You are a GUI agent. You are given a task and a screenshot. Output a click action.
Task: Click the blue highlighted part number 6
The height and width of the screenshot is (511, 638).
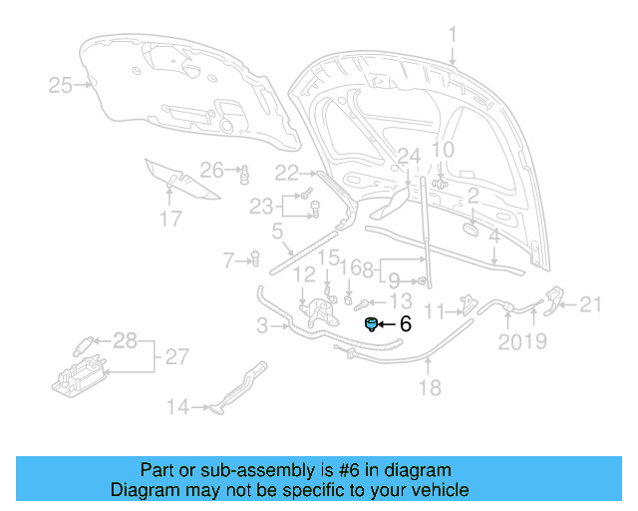pyautogui.click(x=371, y=323)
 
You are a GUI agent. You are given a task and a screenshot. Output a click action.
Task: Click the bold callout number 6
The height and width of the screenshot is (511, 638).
pyautogui.click(x=405, y=323)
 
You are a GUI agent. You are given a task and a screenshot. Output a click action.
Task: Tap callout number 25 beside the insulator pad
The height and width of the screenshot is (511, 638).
pyautogui.click(x=61, y=86)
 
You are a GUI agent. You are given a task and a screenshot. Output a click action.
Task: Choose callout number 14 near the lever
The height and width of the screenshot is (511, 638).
pyautogui.click(x=177, y=406)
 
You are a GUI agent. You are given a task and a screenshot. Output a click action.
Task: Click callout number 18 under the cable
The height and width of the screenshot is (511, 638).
pyautogui.click(x=429, y=388)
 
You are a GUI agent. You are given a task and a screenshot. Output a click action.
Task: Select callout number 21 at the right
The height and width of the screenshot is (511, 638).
pyautogui.click(x=591, y=304)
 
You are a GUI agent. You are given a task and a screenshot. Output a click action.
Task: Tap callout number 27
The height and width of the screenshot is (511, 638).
pyautogui.click(x=175, y=356)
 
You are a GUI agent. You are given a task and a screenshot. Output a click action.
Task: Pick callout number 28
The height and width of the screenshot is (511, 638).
pyautogui.click(x=124, y=341)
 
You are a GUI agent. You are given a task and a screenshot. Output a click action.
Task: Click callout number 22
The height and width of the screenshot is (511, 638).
pyautogui.click(x=287, y=172)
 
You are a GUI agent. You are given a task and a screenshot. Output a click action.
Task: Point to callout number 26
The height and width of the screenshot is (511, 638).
pyautogui.click(x=211, y=169)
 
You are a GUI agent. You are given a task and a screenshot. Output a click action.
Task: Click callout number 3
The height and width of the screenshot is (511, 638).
pyautogui.click(x=261, y=325)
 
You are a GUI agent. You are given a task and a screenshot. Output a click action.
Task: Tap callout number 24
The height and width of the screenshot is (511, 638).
pyautogui.click(x=409, y=156)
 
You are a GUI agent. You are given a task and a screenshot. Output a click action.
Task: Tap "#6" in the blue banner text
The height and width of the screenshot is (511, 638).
pyautogui.click(x=329, y=469)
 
